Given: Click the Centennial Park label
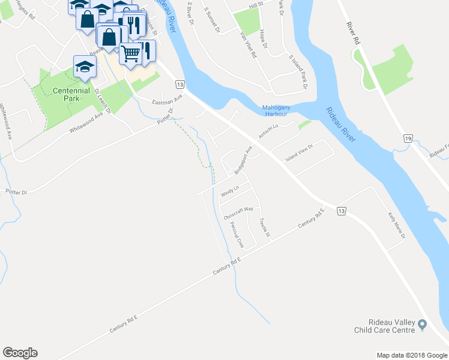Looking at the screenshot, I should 71,94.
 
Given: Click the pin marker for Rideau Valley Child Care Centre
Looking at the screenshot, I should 422,325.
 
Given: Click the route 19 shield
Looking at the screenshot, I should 408,139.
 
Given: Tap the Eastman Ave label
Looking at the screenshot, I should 167,101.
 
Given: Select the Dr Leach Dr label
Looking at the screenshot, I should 103,101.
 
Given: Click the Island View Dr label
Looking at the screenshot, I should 299,155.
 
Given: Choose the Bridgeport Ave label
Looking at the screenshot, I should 243,161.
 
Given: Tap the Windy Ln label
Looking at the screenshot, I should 230,191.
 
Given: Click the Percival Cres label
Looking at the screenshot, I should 237,235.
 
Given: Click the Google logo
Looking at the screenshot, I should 20,353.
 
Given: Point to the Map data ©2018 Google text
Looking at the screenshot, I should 411,355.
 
